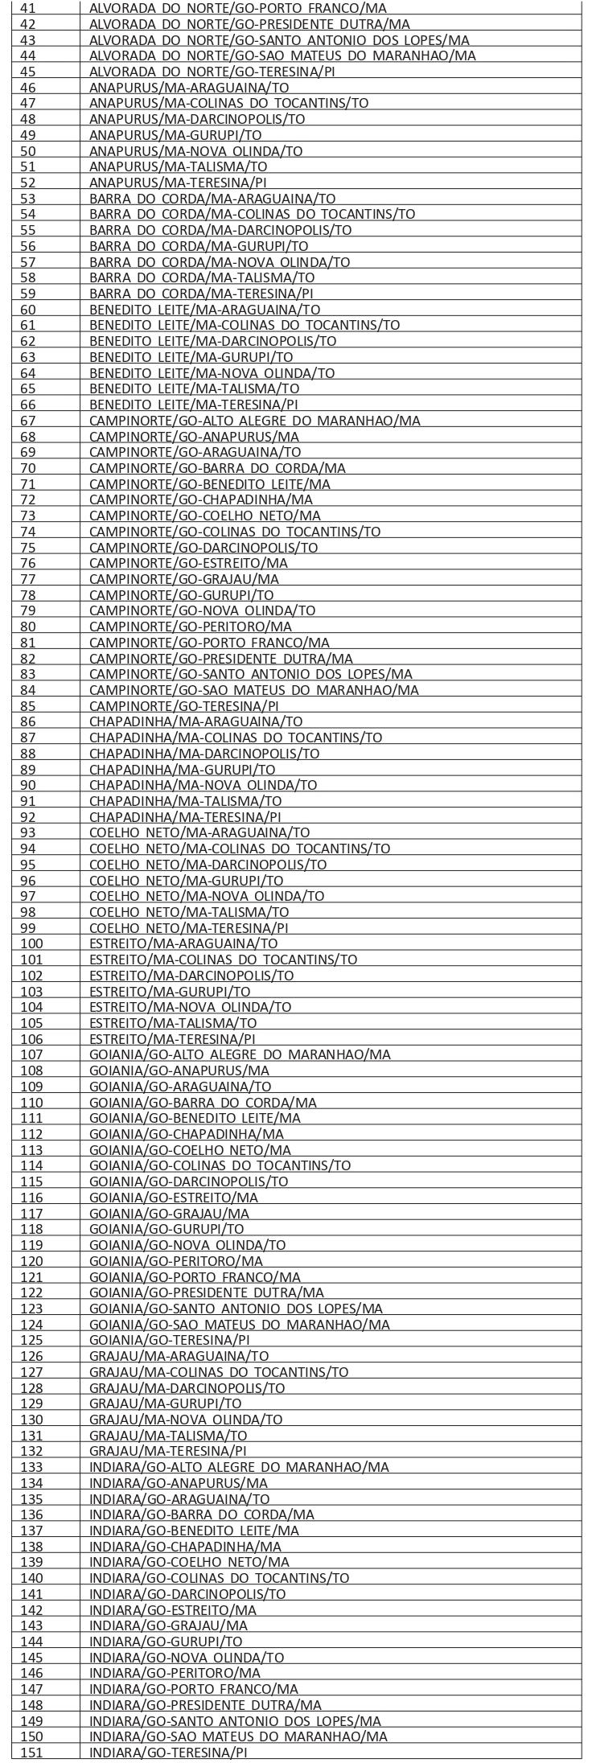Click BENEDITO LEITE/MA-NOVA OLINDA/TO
point(212,372)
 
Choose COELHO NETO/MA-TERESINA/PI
point(189,928)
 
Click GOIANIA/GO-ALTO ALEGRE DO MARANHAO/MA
point(240,1055)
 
